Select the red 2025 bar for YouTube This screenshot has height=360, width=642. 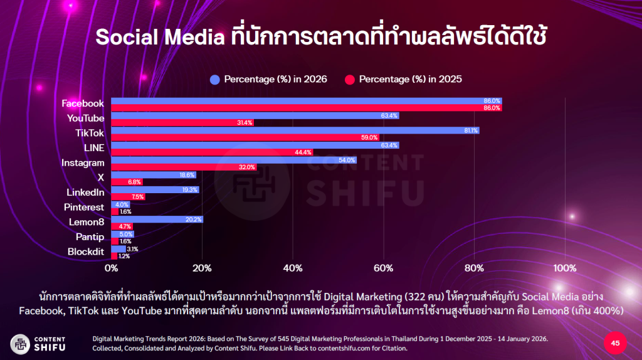[182, 123]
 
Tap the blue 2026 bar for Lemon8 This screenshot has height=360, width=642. [157, 220]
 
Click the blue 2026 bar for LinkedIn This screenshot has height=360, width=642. [155, 189]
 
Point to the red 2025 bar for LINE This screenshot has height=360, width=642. [211, 152]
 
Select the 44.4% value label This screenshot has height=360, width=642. [304, 152]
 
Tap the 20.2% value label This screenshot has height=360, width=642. [194, 220]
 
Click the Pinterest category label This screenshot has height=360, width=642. [84, 207]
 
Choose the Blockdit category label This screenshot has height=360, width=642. [85, 252]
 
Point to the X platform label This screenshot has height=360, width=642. [100, 177]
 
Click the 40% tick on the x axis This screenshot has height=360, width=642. [293, 268]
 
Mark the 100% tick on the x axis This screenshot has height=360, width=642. [566, 268]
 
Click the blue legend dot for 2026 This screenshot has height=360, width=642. [215, 79]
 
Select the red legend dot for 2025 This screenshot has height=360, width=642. [350, 79]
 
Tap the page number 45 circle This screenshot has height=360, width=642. [615, 343]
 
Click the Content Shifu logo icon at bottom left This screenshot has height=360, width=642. [20, 343]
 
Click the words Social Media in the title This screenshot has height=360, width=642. [160, 37]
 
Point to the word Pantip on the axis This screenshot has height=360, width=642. [89, 237]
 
